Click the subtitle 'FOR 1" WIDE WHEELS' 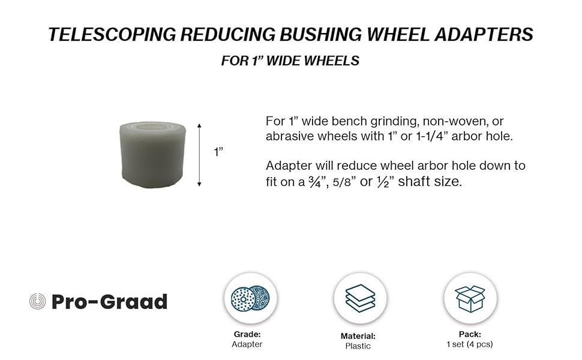[x=290, y=61]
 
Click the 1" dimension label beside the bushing [x=218, y=152]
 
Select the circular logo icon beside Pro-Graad [x=37, y=301]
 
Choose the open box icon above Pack [x=470, y=298]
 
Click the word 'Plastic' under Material [x=358, y=346]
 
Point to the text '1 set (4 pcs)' [x=470, y=344]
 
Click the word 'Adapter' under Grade [x=247, y=344]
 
